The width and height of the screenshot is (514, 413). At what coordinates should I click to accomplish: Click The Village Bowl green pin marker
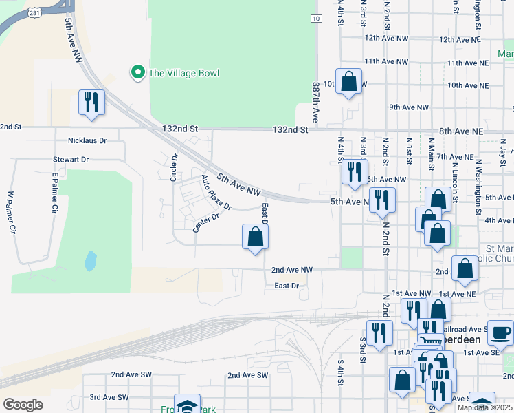pos(137,72)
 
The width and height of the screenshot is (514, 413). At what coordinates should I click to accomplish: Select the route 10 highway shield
pos(315,19)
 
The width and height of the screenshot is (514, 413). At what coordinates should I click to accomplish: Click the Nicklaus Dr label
pos(88,140)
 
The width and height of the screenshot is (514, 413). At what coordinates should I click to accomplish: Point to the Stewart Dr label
pos(71,159)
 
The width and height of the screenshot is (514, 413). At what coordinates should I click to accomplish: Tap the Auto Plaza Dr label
pos(216,193)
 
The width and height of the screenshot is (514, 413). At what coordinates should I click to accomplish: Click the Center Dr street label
pos(205,222)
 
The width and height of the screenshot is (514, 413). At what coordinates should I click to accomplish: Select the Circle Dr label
pos(175,167)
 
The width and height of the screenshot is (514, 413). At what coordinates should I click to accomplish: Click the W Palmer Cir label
pos(11,212)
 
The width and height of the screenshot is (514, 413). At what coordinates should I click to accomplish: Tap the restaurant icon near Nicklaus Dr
pos(91,103)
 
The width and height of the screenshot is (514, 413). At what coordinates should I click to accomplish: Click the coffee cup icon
pos(500,332)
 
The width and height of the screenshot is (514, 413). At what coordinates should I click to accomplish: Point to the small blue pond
pos(90,261)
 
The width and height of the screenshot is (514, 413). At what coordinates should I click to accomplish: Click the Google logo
pos(23,405)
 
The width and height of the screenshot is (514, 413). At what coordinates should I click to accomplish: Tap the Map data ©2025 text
pos(484,407)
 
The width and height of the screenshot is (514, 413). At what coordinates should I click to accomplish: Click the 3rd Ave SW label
pos(109,397)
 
